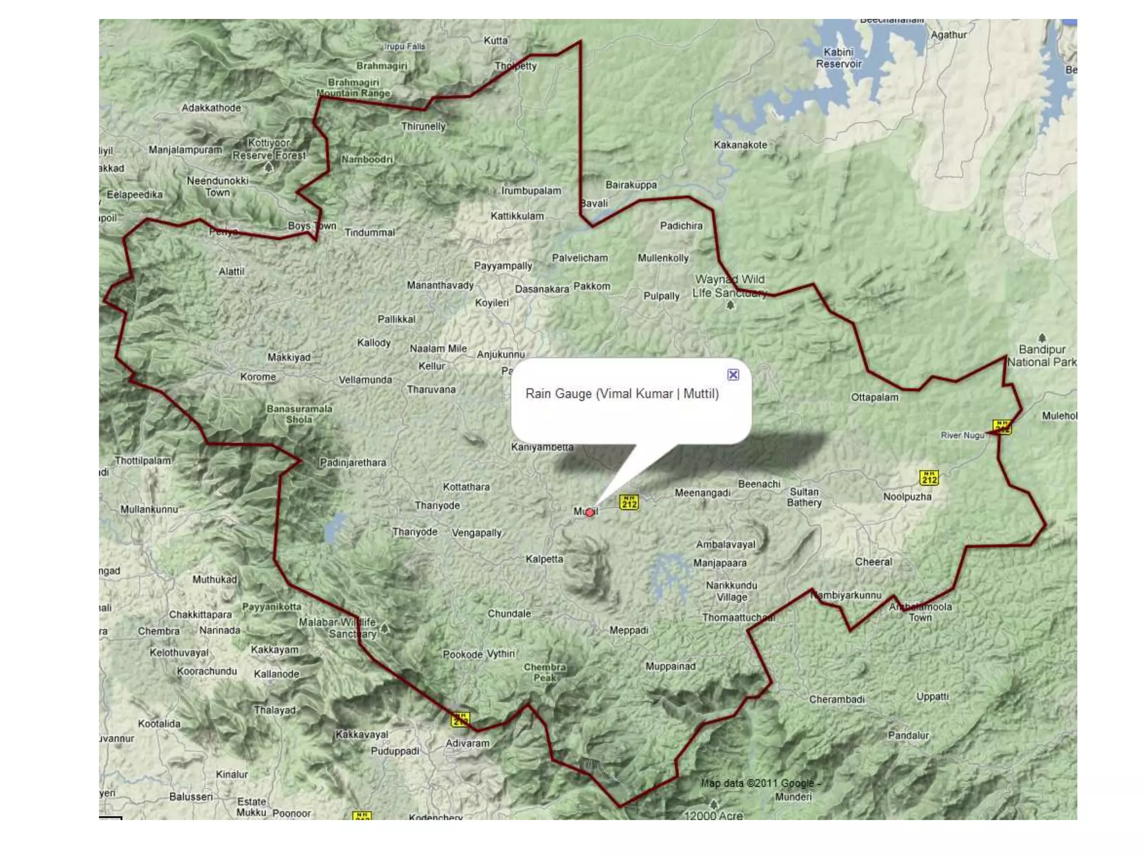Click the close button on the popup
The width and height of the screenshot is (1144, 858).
click(733, 375)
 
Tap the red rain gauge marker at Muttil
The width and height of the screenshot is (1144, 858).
click(589, 512)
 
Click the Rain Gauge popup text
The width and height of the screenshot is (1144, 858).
click(622, 394)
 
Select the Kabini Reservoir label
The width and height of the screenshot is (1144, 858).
click(838, 58)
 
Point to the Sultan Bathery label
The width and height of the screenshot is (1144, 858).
click(804, 497)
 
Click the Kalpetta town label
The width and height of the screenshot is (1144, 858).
click(544, 559)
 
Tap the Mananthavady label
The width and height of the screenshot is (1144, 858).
click(440, 285)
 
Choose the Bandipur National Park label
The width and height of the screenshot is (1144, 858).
click(1042, 356)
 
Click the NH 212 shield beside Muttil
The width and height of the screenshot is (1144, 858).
click(629, 502)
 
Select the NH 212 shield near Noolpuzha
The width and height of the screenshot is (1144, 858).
click(929, 478)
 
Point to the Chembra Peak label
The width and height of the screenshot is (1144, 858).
click(545, 672)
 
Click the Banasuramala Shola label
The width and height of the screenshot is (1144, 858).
click(299, 414)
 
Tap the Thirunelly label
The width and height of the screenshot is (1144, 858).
click(423, 126)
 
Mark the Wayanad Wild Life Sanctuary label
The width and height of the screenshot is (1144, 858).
click(730, 286)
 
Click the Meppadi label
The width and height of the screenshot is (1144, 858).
click(628, 630)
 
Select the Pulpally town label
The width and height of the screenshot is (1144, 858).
click(661, 296)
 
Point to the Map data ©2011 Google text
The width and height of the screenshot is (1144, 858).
click(760, 783)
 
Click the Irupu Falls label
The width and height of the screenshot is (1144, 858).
click(405, 46)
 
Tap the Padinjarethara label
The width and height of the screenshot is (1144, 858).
click(353, 463)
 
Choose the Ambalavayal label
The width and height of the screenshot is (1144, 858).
click(725, 544)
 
